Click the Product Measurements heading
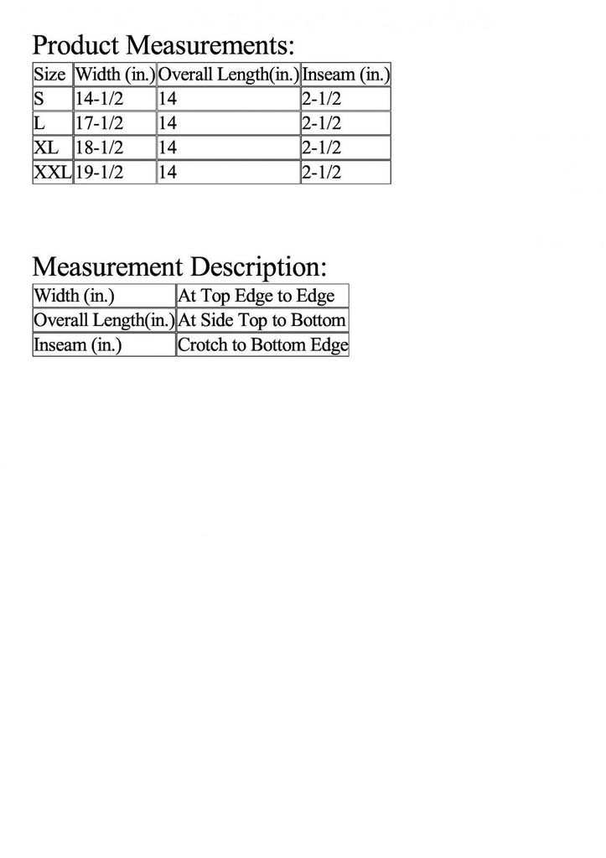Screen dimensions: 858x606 point(163,44)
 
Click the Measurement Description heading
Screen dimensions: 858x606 point(179,267)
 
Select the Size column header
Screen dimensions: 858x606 point(49,74)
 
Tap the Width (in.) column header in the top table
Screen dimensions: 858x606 point(115,74)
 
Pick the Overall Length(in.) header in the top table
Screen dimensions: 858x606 point(228,74)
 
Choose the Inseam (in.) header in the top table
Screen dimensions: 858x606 point(345,74)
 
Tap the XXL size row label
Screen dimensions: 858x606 point(52,173)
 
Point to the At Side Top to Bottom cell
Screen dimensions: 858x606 point(262,320)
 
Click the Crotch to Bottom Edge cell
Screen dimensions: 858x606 point(262,344)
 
